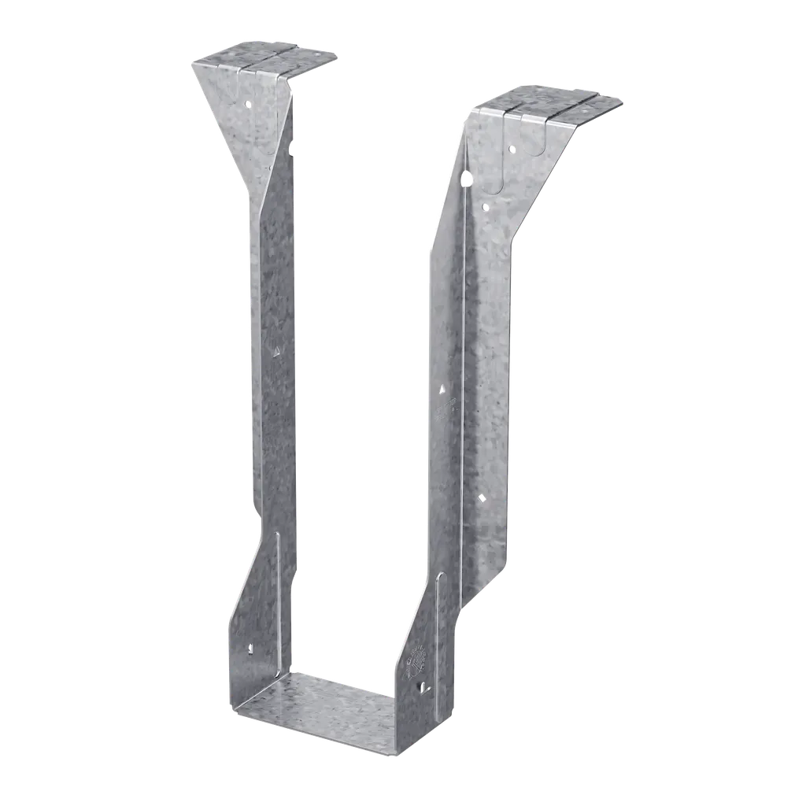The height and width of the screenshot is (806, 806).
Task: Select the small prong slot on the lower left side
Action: (250, 650)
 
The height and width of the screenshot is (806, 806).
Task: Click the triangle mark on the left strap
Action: (275, 351)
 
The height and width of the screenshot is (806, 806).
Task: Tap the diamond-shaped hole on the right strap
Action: (481, 497)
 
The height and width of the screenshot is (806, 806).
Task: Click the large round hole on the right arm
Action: (469, 178)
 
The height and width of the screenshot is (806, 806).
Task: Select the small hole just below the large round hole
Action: (484, 207)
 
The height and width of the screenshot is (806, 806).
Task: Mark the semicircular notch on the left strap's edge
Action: (292, 146)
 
